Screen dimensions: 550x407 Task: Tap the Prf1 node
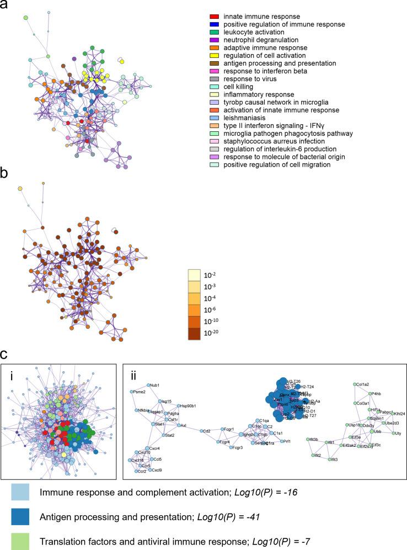click(x=282, y=441)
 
